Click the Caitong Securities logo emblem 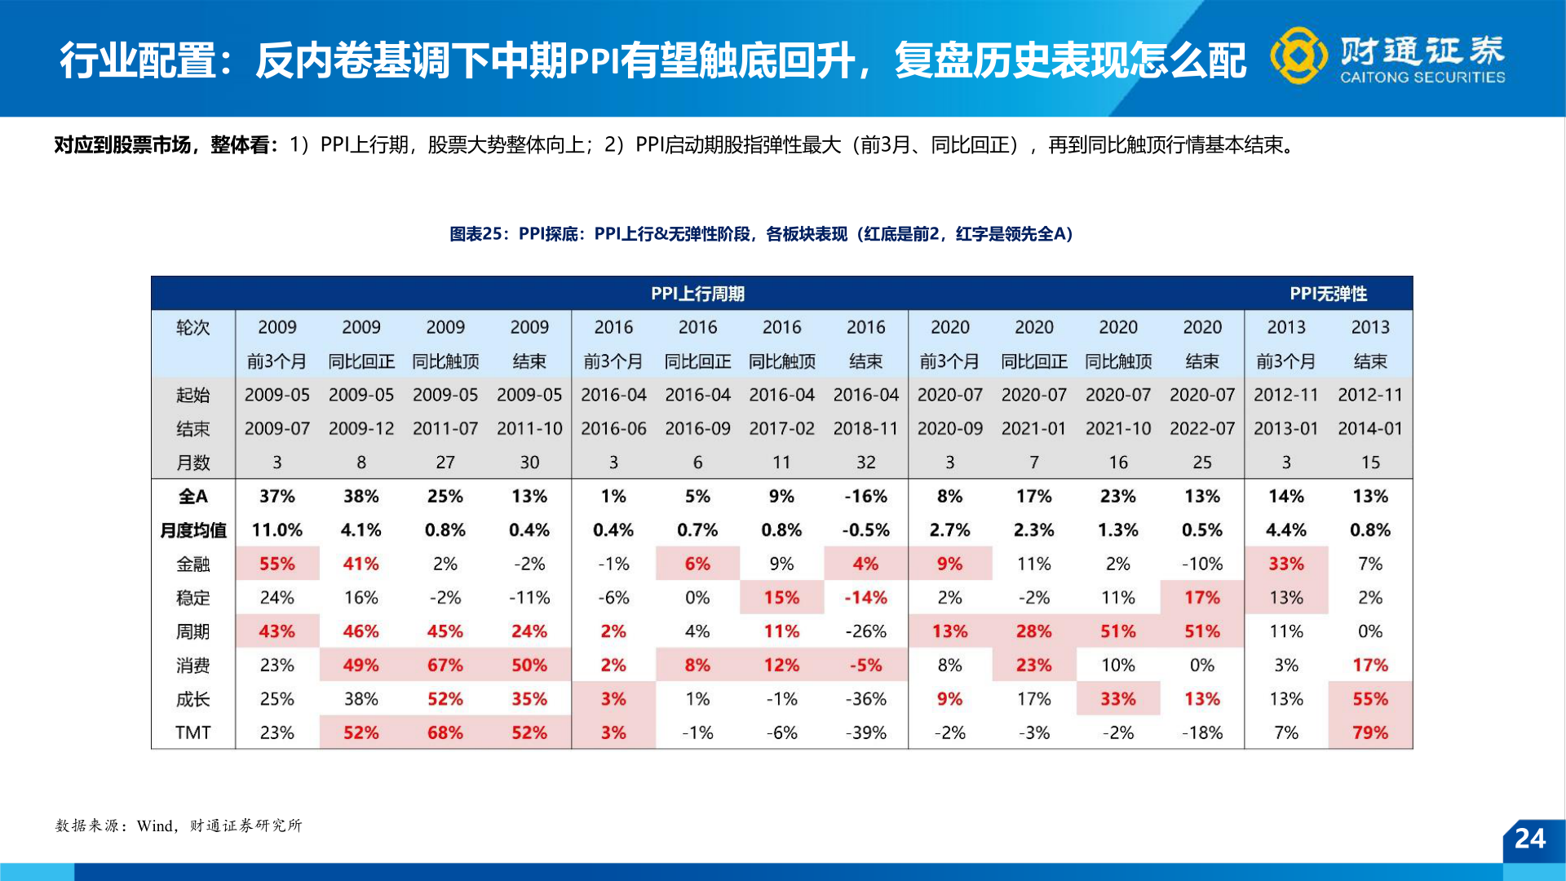pos(1298,55)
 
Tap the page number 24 pos(1529,839)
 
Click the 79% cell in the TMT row pos(1369,733)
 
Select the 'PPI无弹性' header pos(1328,294)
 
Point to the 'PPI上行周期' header pos(697,294)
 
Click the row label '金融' pos(193,564)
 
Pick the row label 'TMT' pos(193,733)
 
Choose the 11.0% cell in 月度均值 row pos(276,530)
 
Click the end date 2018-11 pos(865,428)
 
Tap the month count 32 pos(865,463)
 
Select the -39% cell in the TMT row pos(865,733)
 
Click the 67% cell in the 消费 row pos(445,665)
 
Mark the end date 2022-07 pos(1201,428)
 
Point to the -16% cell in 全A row pos(865,496)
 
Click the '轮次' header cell pos(193,327)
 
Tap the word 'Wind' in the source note pos(155,826)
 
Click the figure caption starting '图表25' pos(761,234)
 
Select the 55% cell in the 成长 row pos(1369,699)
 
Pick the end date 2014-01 pos(1369,428)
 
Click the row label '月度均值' pos(193,530)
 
